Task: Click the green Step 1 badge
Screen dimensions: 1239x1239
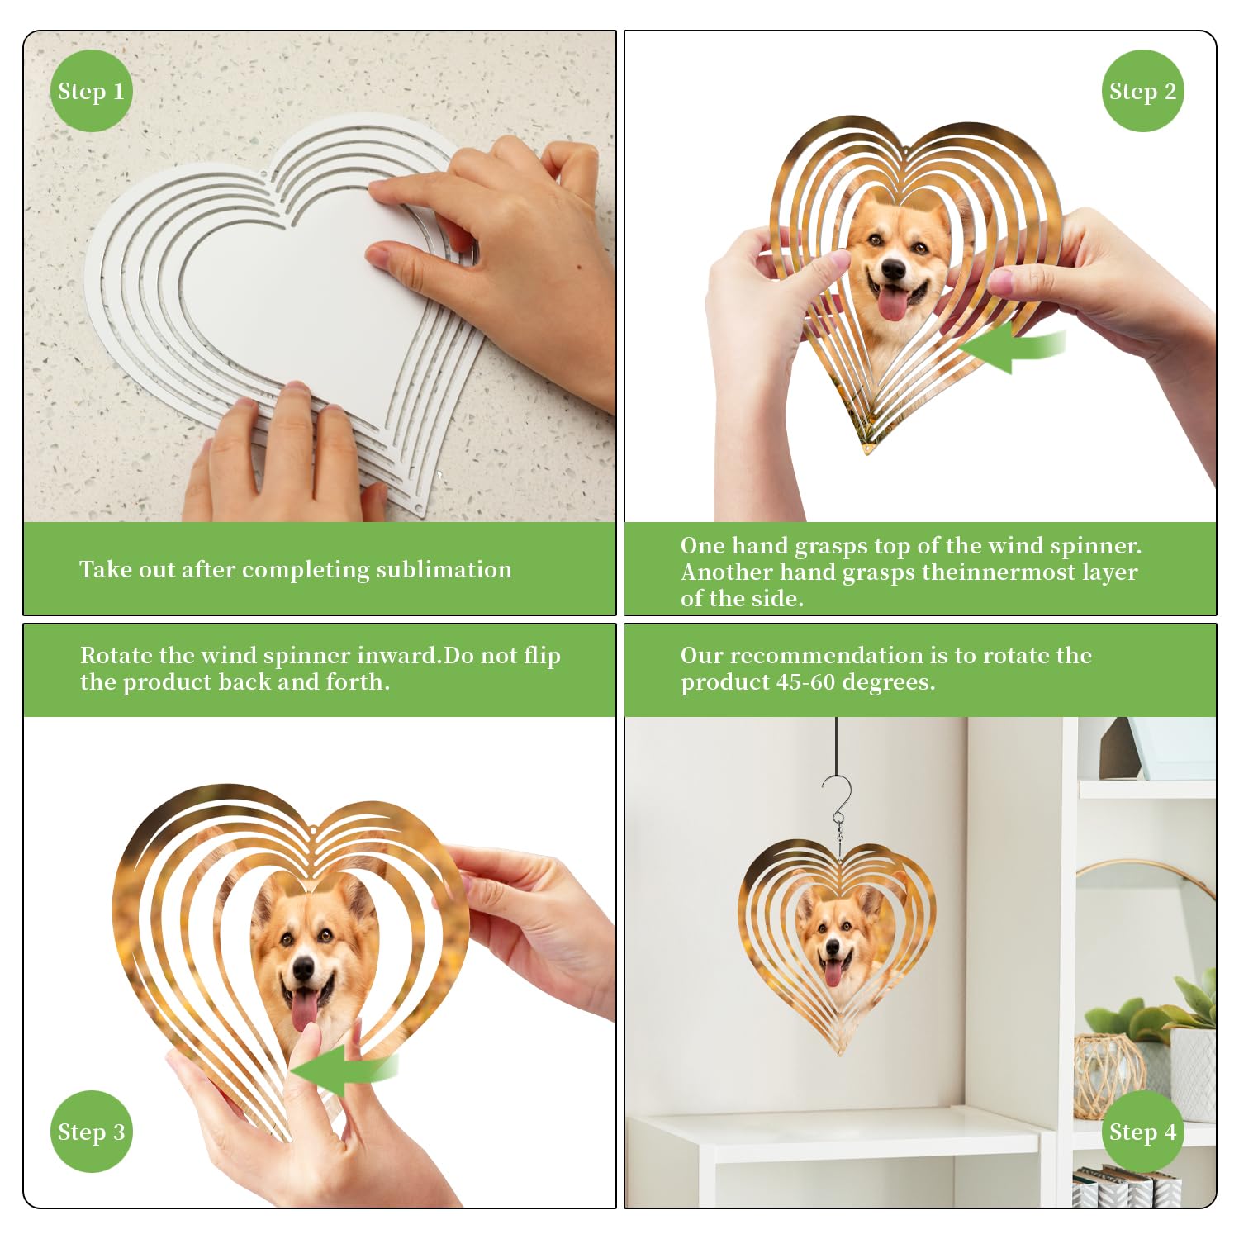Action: (x=91, y=91)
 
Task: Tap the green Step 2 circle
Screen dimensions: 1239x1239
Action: (x=1143, y=91)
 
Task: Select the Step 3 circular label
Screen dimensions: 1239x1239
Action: (x=91, y=1132)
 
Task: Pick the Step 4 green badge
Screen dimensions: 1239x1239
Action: (x=1143, y=1132)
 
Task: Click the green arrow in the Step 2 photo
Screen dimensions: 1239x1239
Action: (x=1012, y=347)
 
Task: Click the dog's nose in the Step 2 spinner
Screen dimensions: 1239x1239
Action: (x=893, y=269)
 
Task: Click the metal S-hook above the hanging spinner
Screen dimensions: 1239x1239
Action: (x=838, y=799)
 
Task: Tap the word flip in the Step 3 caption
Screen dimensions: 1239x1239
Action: (x=542, y=657)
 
